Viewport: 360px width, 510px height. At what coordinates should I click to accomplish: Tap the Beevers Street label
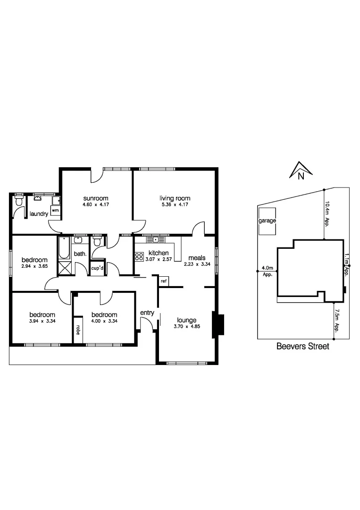302,346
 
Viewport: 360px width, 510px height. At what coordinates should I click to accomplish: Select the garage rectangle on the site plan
267,221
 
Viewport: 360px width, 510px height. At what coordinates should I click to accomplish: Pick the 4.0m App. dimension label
267,271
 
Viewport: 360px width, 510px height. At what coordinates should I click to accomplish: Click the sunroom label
96,198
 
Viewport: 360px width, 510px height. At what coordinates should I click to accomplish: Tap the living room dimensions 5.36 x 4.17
175,205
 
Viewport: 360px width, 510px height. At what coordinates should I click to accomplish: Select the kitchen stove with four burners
139,257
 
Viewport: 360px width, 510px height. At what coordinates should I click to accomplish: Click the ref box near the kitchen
164,281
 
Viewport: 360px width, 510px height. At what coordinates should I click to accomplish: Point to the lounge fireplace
218,324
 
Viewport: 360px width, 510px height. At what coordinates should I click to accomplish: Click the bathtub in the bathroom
64,248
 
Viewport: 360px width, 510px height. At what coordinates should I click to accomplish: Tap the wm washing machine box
55,210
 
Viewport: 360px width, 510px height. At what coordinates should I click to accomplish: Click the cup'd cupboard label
98,268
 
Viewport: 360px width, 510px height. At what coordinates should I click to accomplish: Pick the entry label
147,313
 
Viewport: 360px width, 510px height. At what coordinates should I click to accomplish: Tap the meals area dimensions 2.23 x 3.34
197,264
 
